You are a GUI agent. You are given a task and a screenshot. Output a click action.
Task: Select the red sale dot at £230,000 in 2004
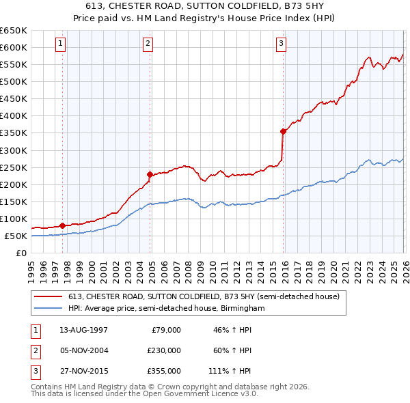coord(150,173)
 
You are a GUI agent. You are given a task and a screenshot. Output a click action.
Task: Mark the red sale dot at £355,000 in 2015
coord(283,130)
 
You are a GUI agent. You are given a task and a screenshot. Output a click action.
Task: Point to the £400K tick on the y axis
coord(14,115)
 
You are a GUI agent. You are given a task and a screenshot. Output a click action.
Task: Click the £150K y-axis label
coord(14,201)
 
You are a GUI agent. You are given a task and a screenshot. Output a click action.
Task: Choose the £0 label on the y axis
coord(20,253)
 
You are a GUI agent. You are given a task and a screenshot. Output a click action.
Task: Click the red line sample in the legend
coord(49,296)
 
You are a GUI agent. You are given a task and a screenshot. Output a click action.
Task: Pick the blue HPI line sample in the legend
coord(49,308)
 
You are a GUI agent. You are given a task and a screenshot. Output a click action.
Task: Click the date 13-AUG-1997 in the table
coord(83,330)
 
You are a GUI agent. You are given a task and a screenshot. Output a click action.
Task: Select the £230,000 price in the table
coord(163,350)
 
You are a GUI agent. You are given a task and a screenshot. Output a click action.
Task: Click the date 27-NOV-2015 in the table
coord(83,371)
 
